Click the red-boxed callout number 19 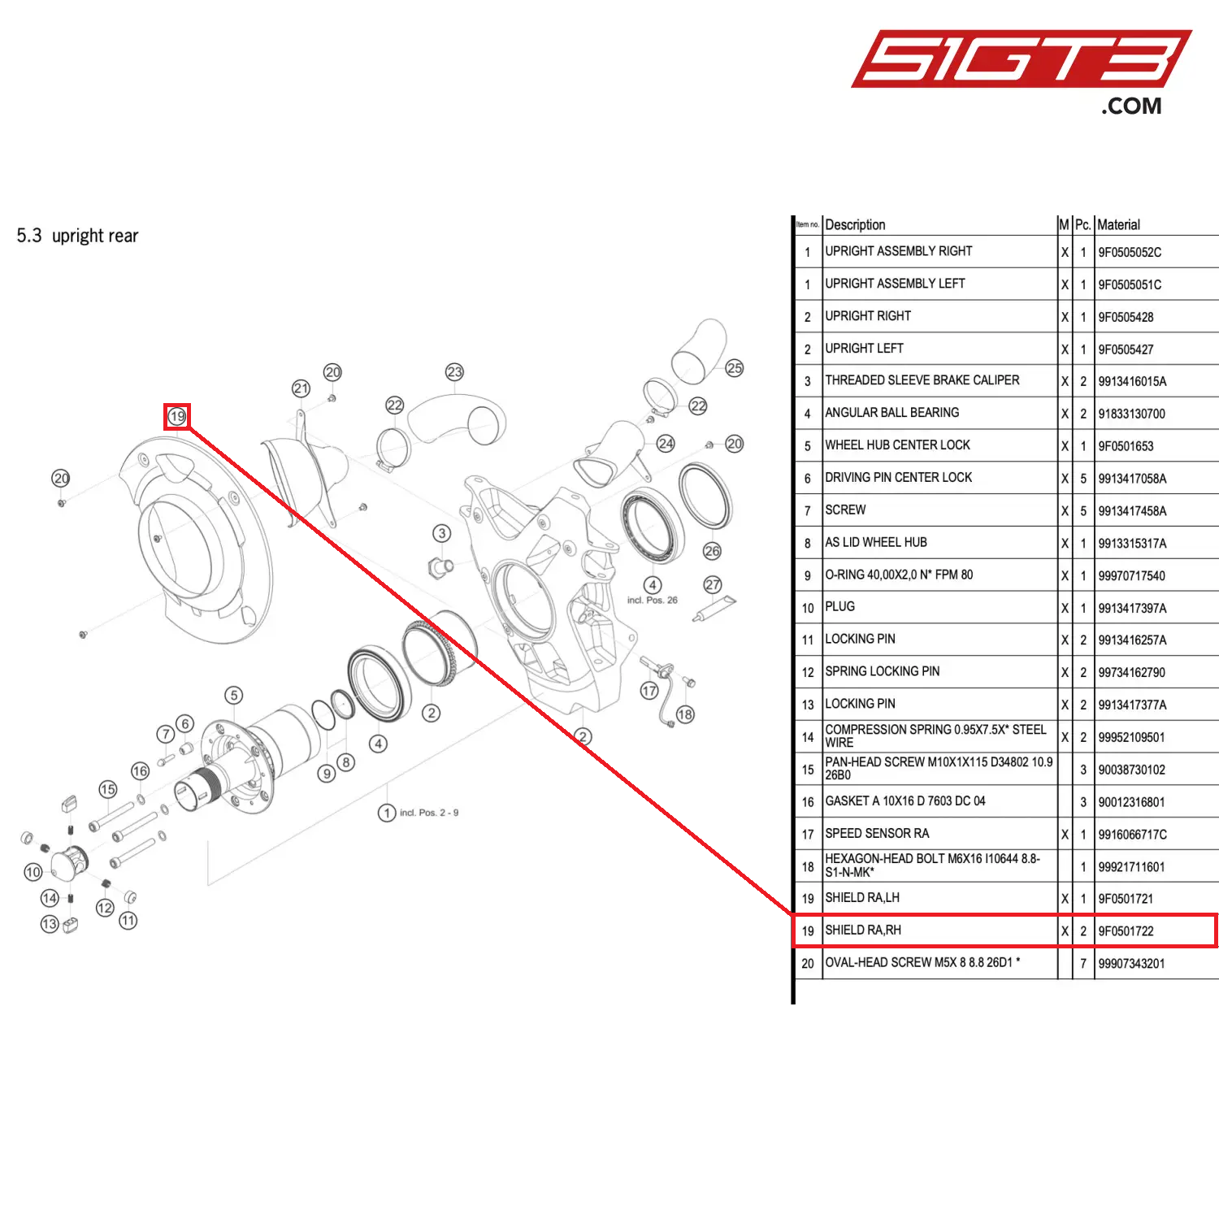177,417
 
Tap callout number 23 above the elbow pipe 454,372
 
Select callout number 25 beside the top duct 735,368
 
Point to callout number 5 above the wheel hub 234,695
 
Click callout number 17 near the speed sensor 649,691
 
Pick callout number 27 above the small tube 713,584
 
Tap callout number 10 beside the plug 33,872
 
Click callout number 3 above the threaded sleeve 441,533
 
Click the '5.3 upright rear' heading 77,236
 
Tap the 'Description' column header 855,225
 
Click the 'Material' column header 1118,225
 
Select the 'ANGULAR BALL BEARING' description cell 891,413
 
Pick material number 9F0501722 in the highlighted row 1126,931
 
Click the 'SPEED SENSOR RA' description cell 877,834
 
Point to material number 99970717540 1131,576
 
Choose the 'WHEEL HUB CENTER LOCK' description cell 897,445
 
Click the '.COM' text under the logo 1131,106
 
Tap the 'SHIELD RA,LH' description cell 862,898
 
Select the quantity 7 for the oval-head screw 1083,964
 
